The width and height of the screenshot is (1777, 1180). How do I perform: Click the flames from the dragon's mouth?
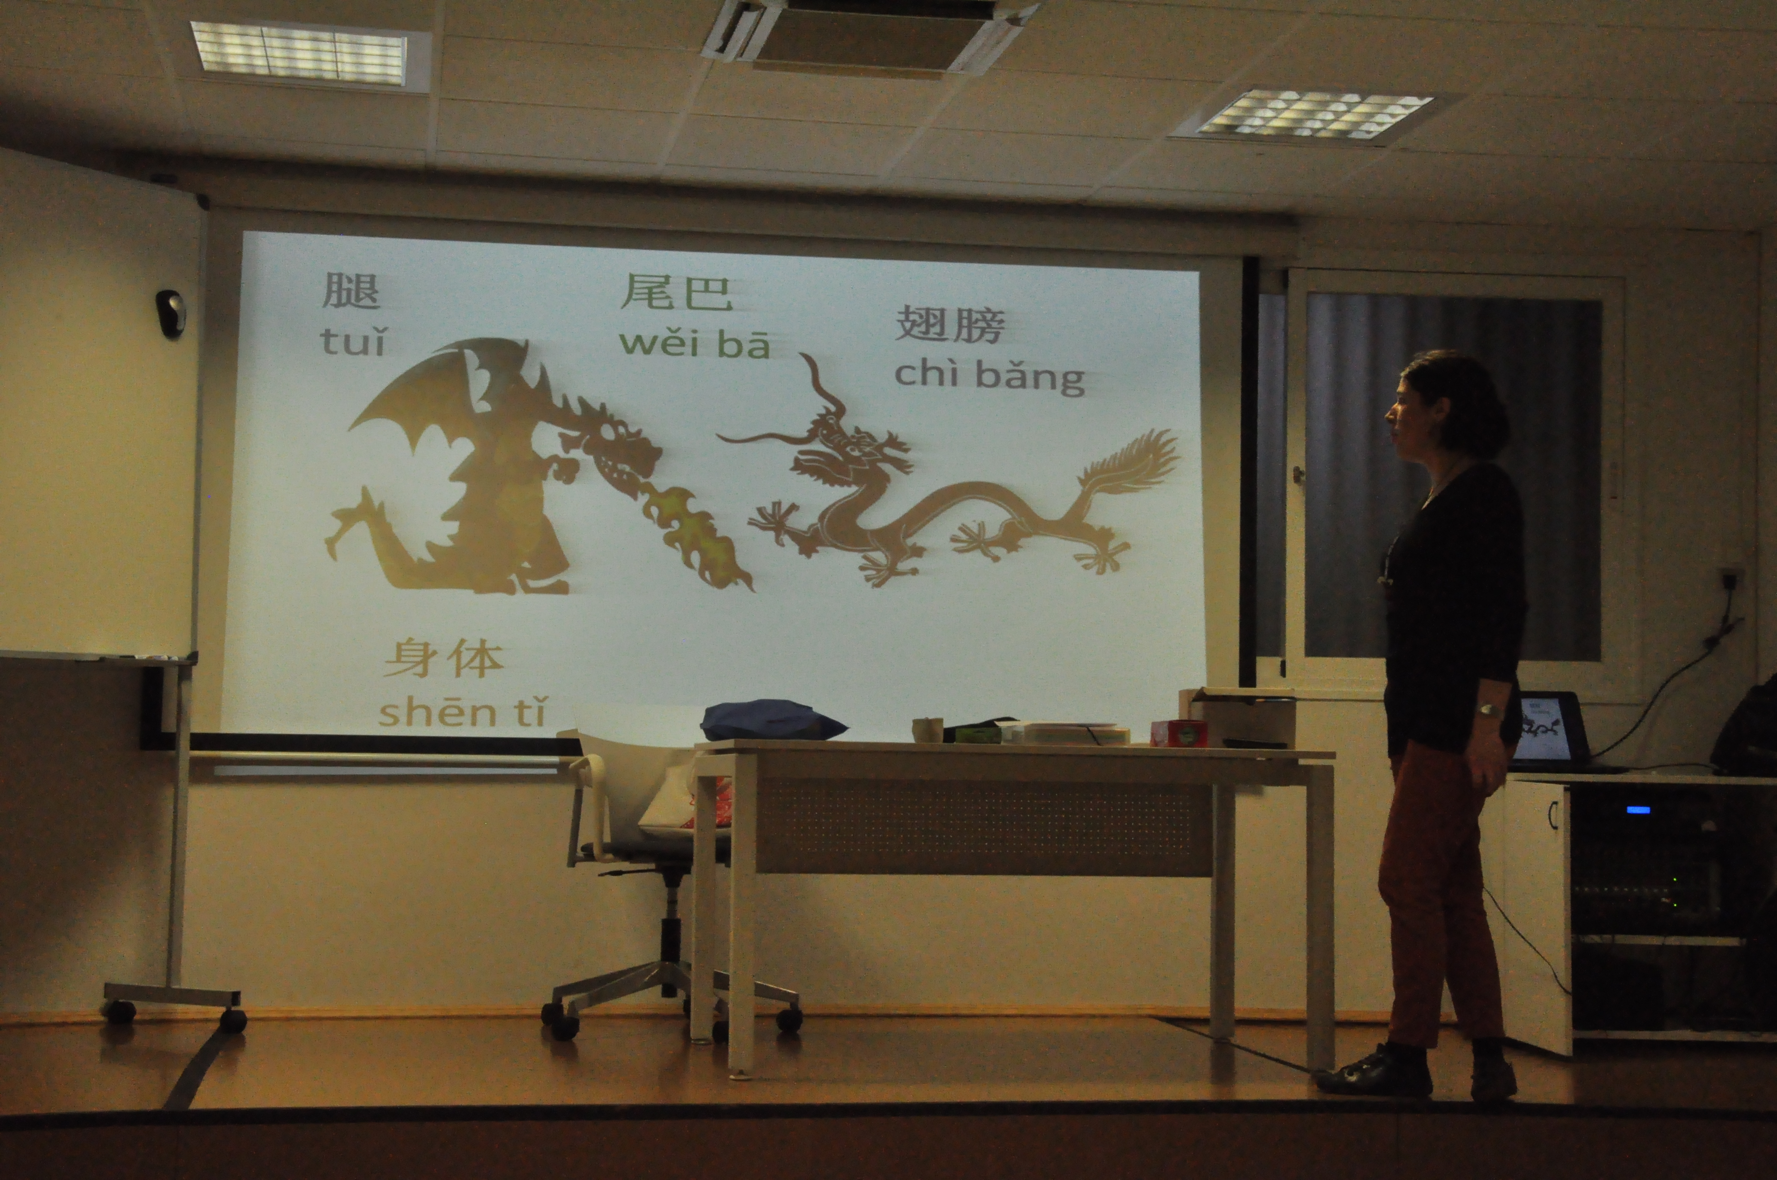[x=692, y=534]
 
